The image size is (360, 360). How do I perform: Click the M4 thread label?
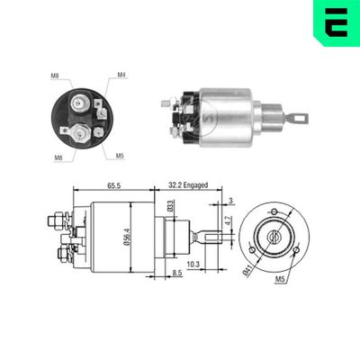click(121, 76)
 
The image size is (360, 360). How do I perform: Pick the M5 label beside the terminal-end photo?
click(120, 155)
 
